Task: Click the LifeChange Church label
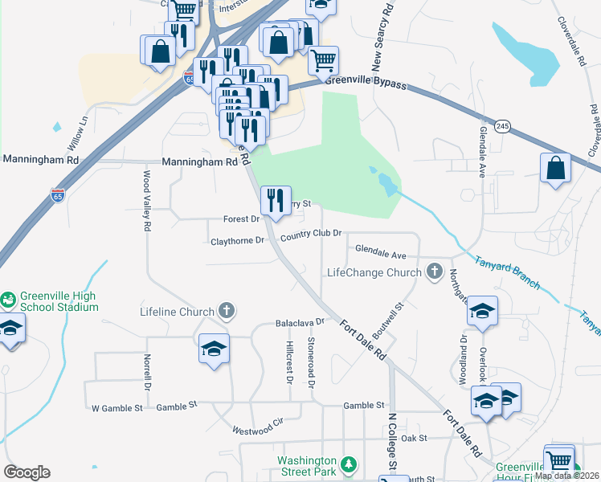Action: pyautogui.click(x=374, y=272)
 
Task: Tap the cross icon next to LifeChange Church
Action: pyautogui.click(x=435, y=272)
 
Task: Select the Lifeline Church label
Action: pyautogui.click(x=177, y=312)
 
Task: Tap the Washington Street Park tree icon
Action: pyautogui.click(x=348, y=464)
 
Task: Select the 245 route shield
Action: pyautogui.click(x=503, y=127)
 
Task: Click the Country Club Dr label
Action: pyautogui.click(x=311, y=234)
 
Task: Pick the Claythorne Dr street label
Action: pyautogui.click(x=236, y=240)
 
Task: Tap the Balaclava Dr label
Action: pyautogui.click(x=299, y=322)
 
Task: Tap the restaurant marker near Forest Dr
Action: pyautogui.click(x=276, y=201)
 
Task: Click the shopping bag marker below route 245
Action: pyautogui.click(x=555, y=169)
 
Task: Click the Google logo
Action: pyautogui.click(x=27, y=472)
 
